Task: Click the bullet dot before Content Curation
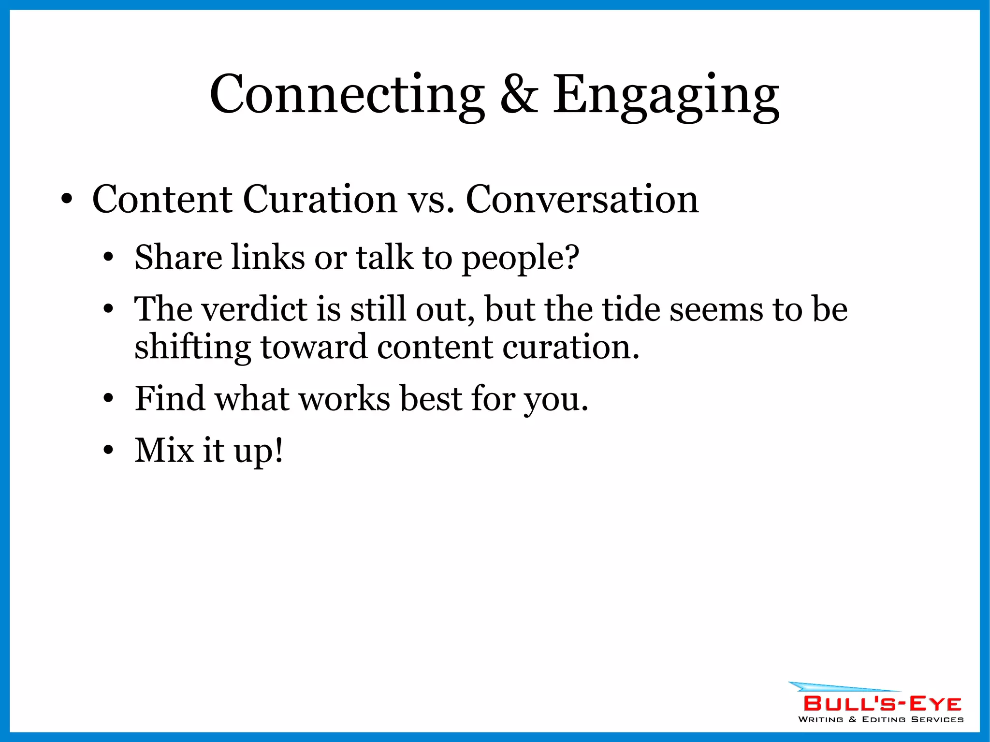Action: [x=67, y=199]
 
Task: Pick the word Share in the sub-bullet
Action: [x=178, y=257]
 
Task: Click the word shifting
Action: [x=192, y=347]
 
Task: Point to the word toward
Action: [x=314, y=347]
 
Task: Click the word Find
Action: [x=170, y=399]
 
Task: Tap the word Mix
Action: [x=164, y=451]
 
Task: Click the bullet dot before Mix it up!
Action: [x=108, y=451]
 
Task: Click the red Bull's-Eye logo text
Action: [x=882, y=703]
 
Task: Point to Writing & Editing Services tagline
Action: [x=881, y=720]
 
